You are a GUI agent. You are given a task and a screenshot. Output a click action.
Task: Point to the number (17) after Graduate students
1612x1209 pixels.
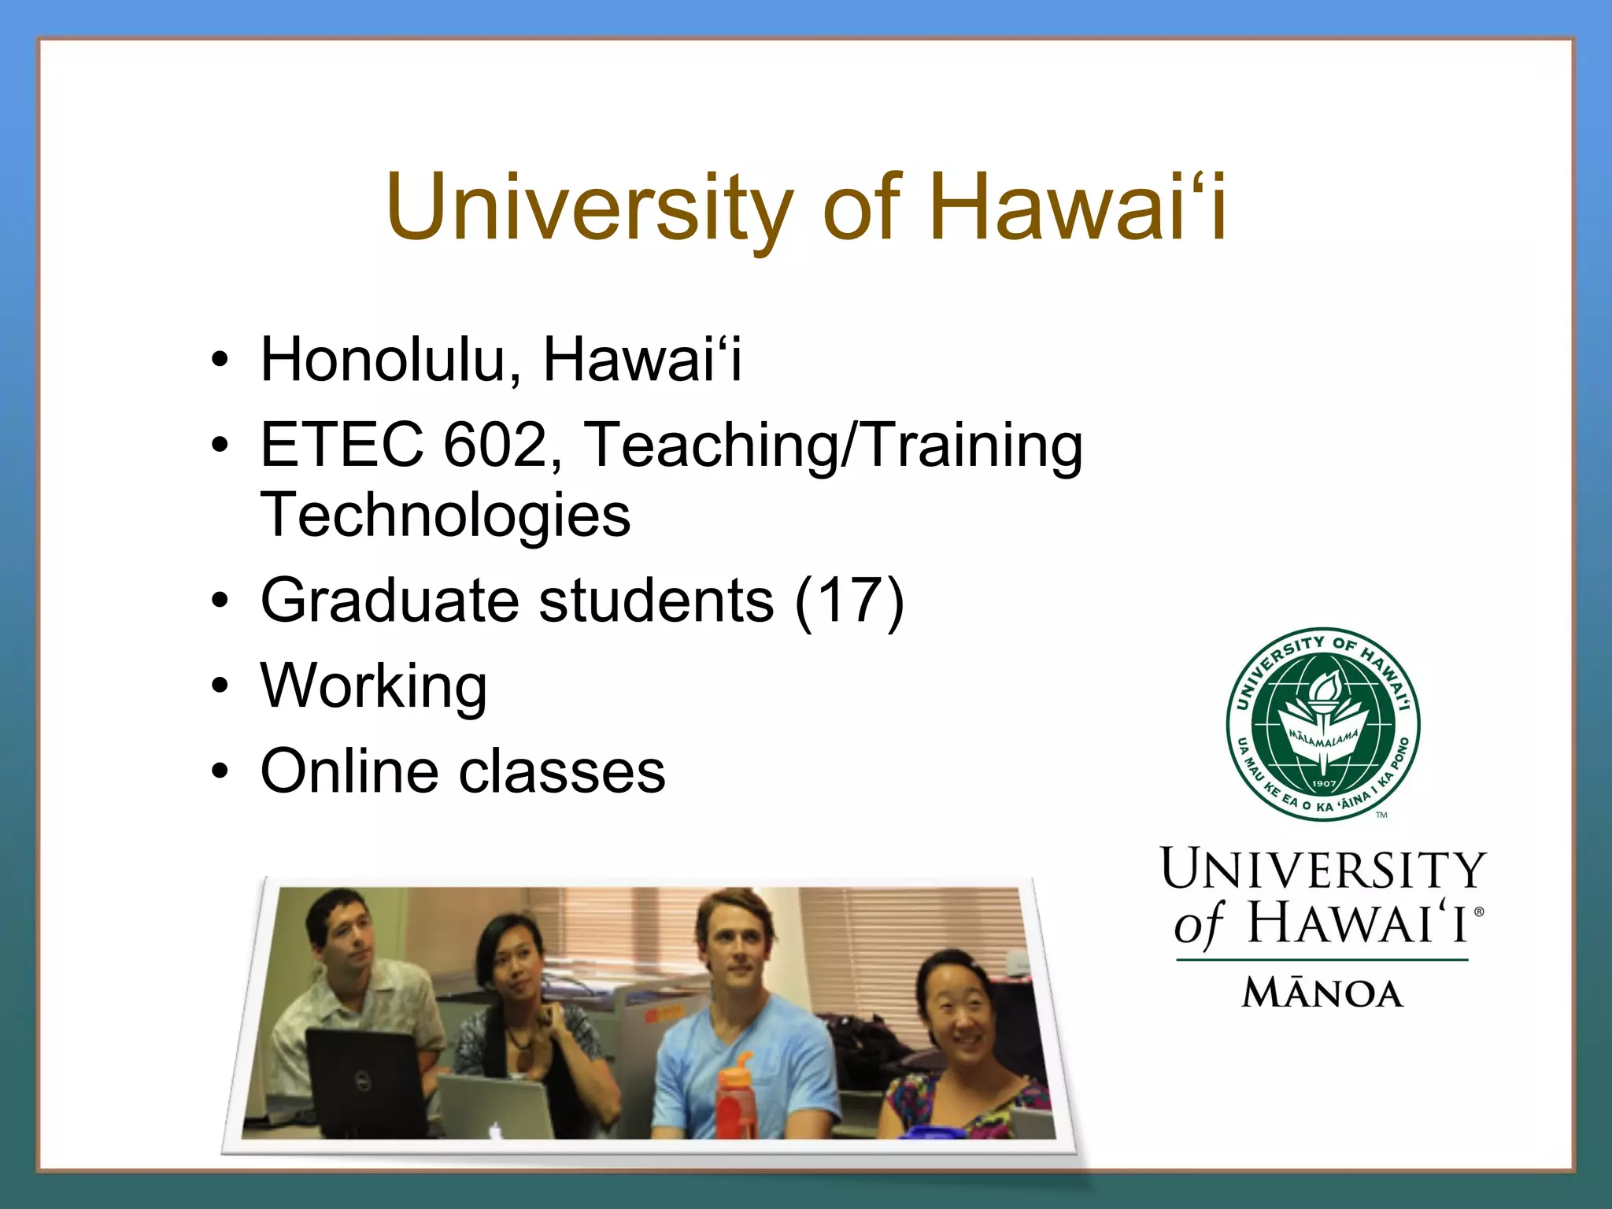(849, 601)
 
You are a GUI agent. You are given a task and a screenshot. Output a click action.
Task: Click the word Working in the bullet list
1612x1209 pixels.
(374, 686)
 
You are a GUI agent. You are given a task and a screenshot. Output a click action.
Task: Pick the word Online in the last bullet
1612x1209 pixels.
(349, 771)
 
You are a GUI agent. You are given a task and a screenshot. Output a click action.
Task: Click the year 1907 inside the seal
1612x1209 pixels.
(1324, 784)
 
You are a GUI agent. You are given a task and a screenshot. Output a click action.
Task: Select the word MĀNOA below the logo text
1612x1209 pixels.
(1323, 993)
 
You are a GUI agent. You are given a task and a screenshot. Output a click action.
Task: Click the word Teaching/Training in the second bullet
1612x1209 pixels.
(834, 445)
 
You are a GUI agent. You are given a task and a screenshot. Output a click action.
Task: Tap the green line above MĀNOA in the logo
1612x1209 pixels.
(1322, 960)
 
